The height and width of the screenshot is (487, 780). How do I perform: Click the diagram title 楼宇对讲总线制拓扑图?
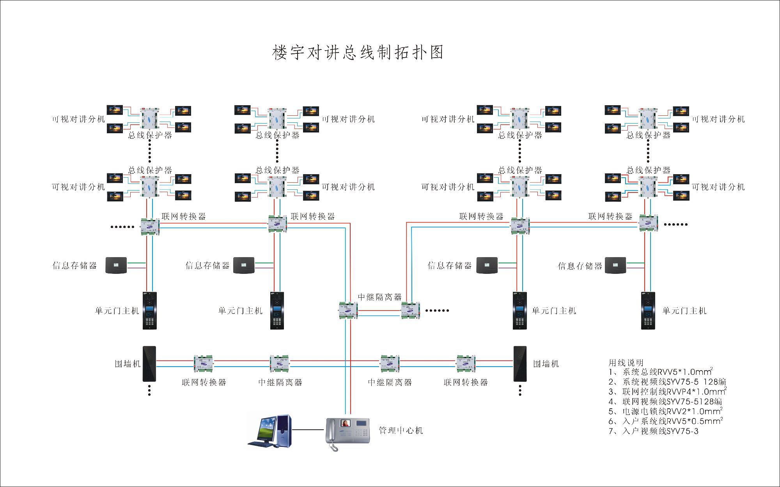(x=358, y=53)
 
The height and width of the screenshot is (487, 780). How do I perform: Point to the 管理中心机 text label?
(x=401, y=431)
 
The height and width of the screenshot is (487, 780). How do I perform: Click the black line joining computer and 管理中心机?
(x=308, y=430)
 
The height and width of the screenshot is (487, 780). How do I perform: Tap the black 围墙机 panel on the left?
(x=149, y=364)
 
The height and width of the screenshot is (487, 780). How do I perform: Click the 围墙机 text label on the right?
(x=546, y=364)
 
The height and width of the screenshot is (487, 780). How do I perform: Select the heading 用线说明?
(x=626, y=363)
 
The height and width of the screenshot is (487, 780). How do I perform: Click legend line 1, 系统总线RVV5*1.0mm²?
(x=661, y=372)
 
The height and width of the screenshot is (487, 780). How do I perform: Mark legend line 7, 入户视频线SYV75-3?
(x=654, y=431)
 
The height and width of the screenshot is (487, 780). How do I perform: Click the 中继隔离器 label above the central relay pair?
(x=379, y=297)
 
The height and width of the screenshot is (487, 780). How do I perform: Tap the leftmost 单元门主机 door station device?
(x=150, y=311)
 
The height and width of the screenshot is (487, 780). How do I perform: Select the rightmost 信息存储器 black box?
(x=615, y=265)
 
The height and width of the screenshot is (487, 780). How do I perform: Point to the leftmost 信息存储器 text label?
(x=74, y=266)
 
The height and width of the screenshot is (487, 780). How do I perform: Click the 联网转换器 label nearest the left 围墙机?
(x=204, y=383)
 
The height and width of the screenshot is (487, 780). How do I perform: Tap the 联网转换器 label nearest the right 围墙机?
(x=466, y=383)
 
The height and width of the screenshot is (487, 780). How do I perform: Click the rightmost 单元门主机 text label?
(x=684, y=311)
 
